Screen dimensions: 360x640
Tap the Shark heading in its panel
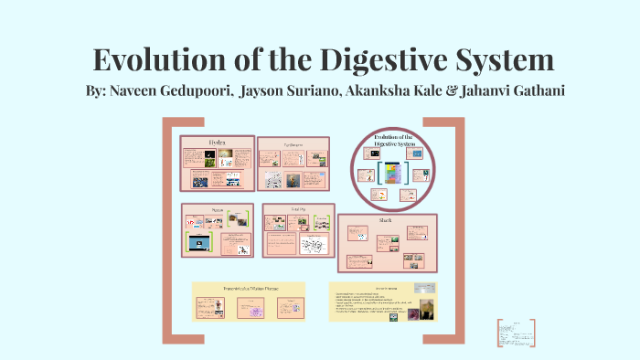(387, 220)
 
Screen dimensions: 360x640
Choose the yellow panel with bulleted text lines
(383, 301)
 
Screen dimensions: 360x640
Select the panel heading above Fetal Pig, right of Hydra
(292, 143)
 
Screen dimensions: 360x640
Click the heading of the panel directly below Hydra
(218, 209)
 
